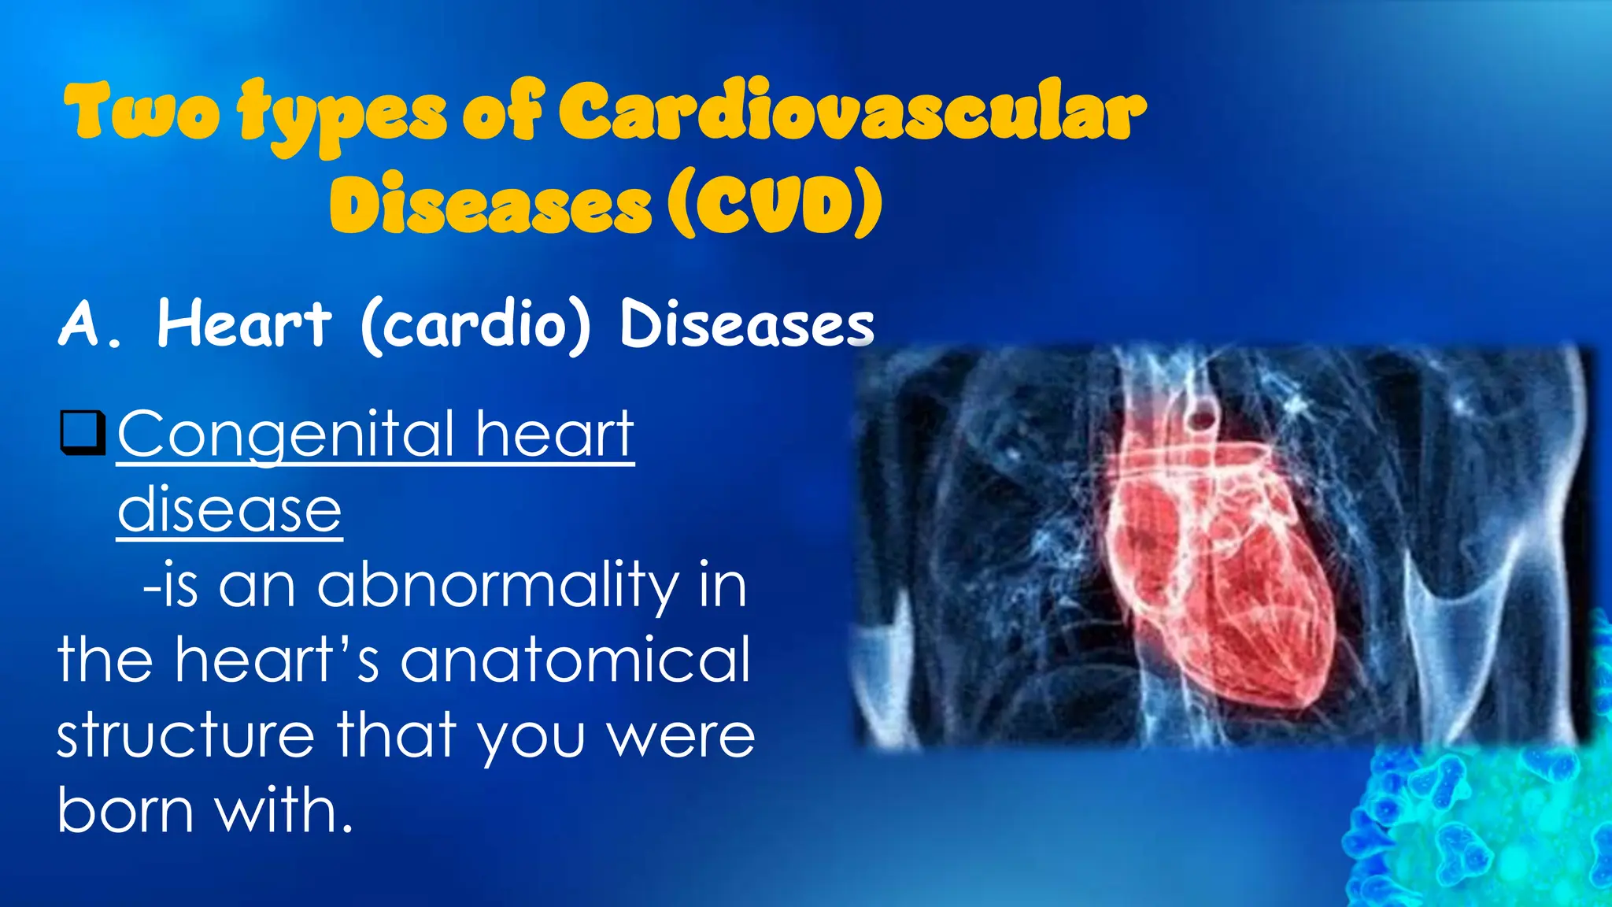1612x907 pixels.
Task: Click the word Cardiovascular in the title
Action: [x=852, y=114]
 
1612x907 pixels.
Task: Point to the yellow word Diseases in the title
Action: [x=490, y=203]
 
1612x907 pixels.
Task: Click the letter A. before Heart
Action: [x=89, y=324]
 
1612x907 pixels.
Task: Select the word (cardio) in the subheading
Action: [x=475, y=326]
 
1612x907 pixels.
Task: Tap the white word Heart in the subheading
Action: [x=244, y=324]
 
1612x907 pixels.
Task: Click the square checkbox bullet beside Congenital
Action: [x=82, y=433]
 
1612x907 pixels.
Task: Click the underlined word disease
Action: [x=229, y=510]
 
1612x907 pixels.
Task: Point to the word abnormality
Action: [x=497, y=587]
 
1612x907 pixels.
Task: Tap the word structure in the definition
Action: [x=186, y=735]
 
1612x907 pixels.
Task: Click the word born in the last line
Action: [x=125, y=810]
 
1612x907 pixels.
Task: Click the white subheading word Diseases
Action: [x=746, y=324]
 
